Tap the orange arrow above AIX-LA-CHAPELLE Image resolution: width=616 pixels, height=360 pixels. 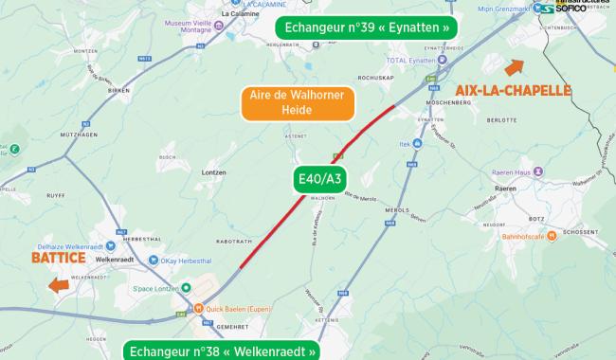[515, 67]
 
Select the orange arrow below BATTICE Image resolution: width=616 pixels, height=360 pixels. [59, 285]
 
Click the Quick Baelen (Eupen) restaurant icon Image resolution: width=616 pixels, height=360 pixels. [199, 308]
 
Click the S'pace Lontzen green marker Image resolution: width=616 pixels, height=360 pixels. [186, 286]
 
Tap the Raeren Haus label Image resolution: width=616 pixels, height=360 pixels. [512, 174]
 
